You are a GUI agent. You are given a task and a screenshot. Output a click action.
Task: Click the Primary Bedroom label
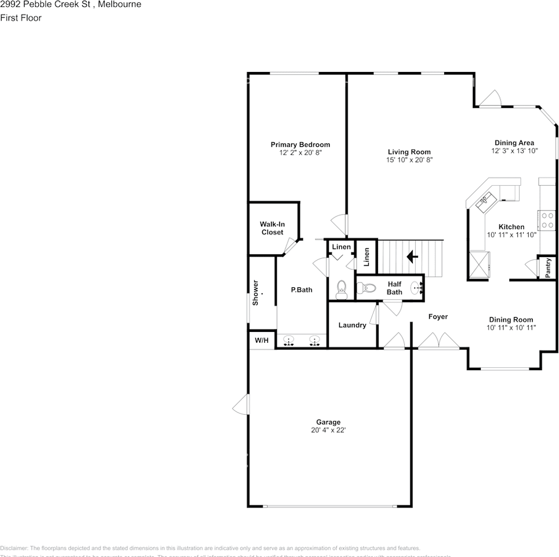click(x=300, y=144)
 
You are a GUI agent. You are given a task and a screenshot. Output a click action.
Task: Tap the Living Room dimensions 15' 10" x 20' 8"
click(x=409, y=160)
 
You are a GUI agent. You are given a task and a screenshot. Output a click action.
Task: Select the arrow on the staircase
click(x=412, y=256)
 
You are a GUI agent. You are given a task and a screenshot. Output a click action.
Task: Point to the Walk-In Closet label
click(x=272, y=228)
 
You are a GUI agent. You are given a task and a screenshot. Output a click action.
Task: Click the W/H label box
click(x=262, y=340)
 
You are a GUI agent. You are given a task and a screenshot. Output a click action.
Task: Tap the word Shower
click(x=255, y=294)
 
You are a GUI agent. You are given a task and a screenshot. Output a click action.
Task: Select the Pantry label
click(x=549, y=267)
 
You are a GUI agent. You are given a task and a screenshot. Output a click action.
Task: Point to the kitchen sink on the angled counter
click(x=484, y=201)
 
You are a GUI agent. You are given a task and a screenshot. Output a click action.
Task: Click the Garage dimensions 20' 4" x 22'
click(x=328, y=431)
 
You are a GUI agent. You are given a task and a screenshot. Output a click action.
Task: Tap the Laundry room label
click(x=352, y=325)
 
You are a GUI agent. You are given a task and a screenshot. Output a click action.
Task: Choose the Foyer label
click(x=438, y=317)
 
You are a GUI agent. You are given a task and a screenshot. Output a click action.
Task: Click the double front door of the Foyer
click(x=435, y=341)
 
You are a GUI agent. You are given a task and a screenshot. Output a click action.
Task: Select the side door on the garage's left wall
click(x=241, y=405)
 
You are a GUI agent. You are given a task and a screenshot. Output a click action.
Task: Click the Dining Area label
click(x=514, y=143)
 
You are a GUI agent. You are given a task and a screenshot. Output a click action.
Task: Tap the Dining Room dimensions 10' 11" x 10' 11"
click(x=511, y=328)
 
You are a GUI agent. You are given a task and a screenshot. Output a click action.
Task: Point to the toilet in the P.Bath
click(x=341, y=288)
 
